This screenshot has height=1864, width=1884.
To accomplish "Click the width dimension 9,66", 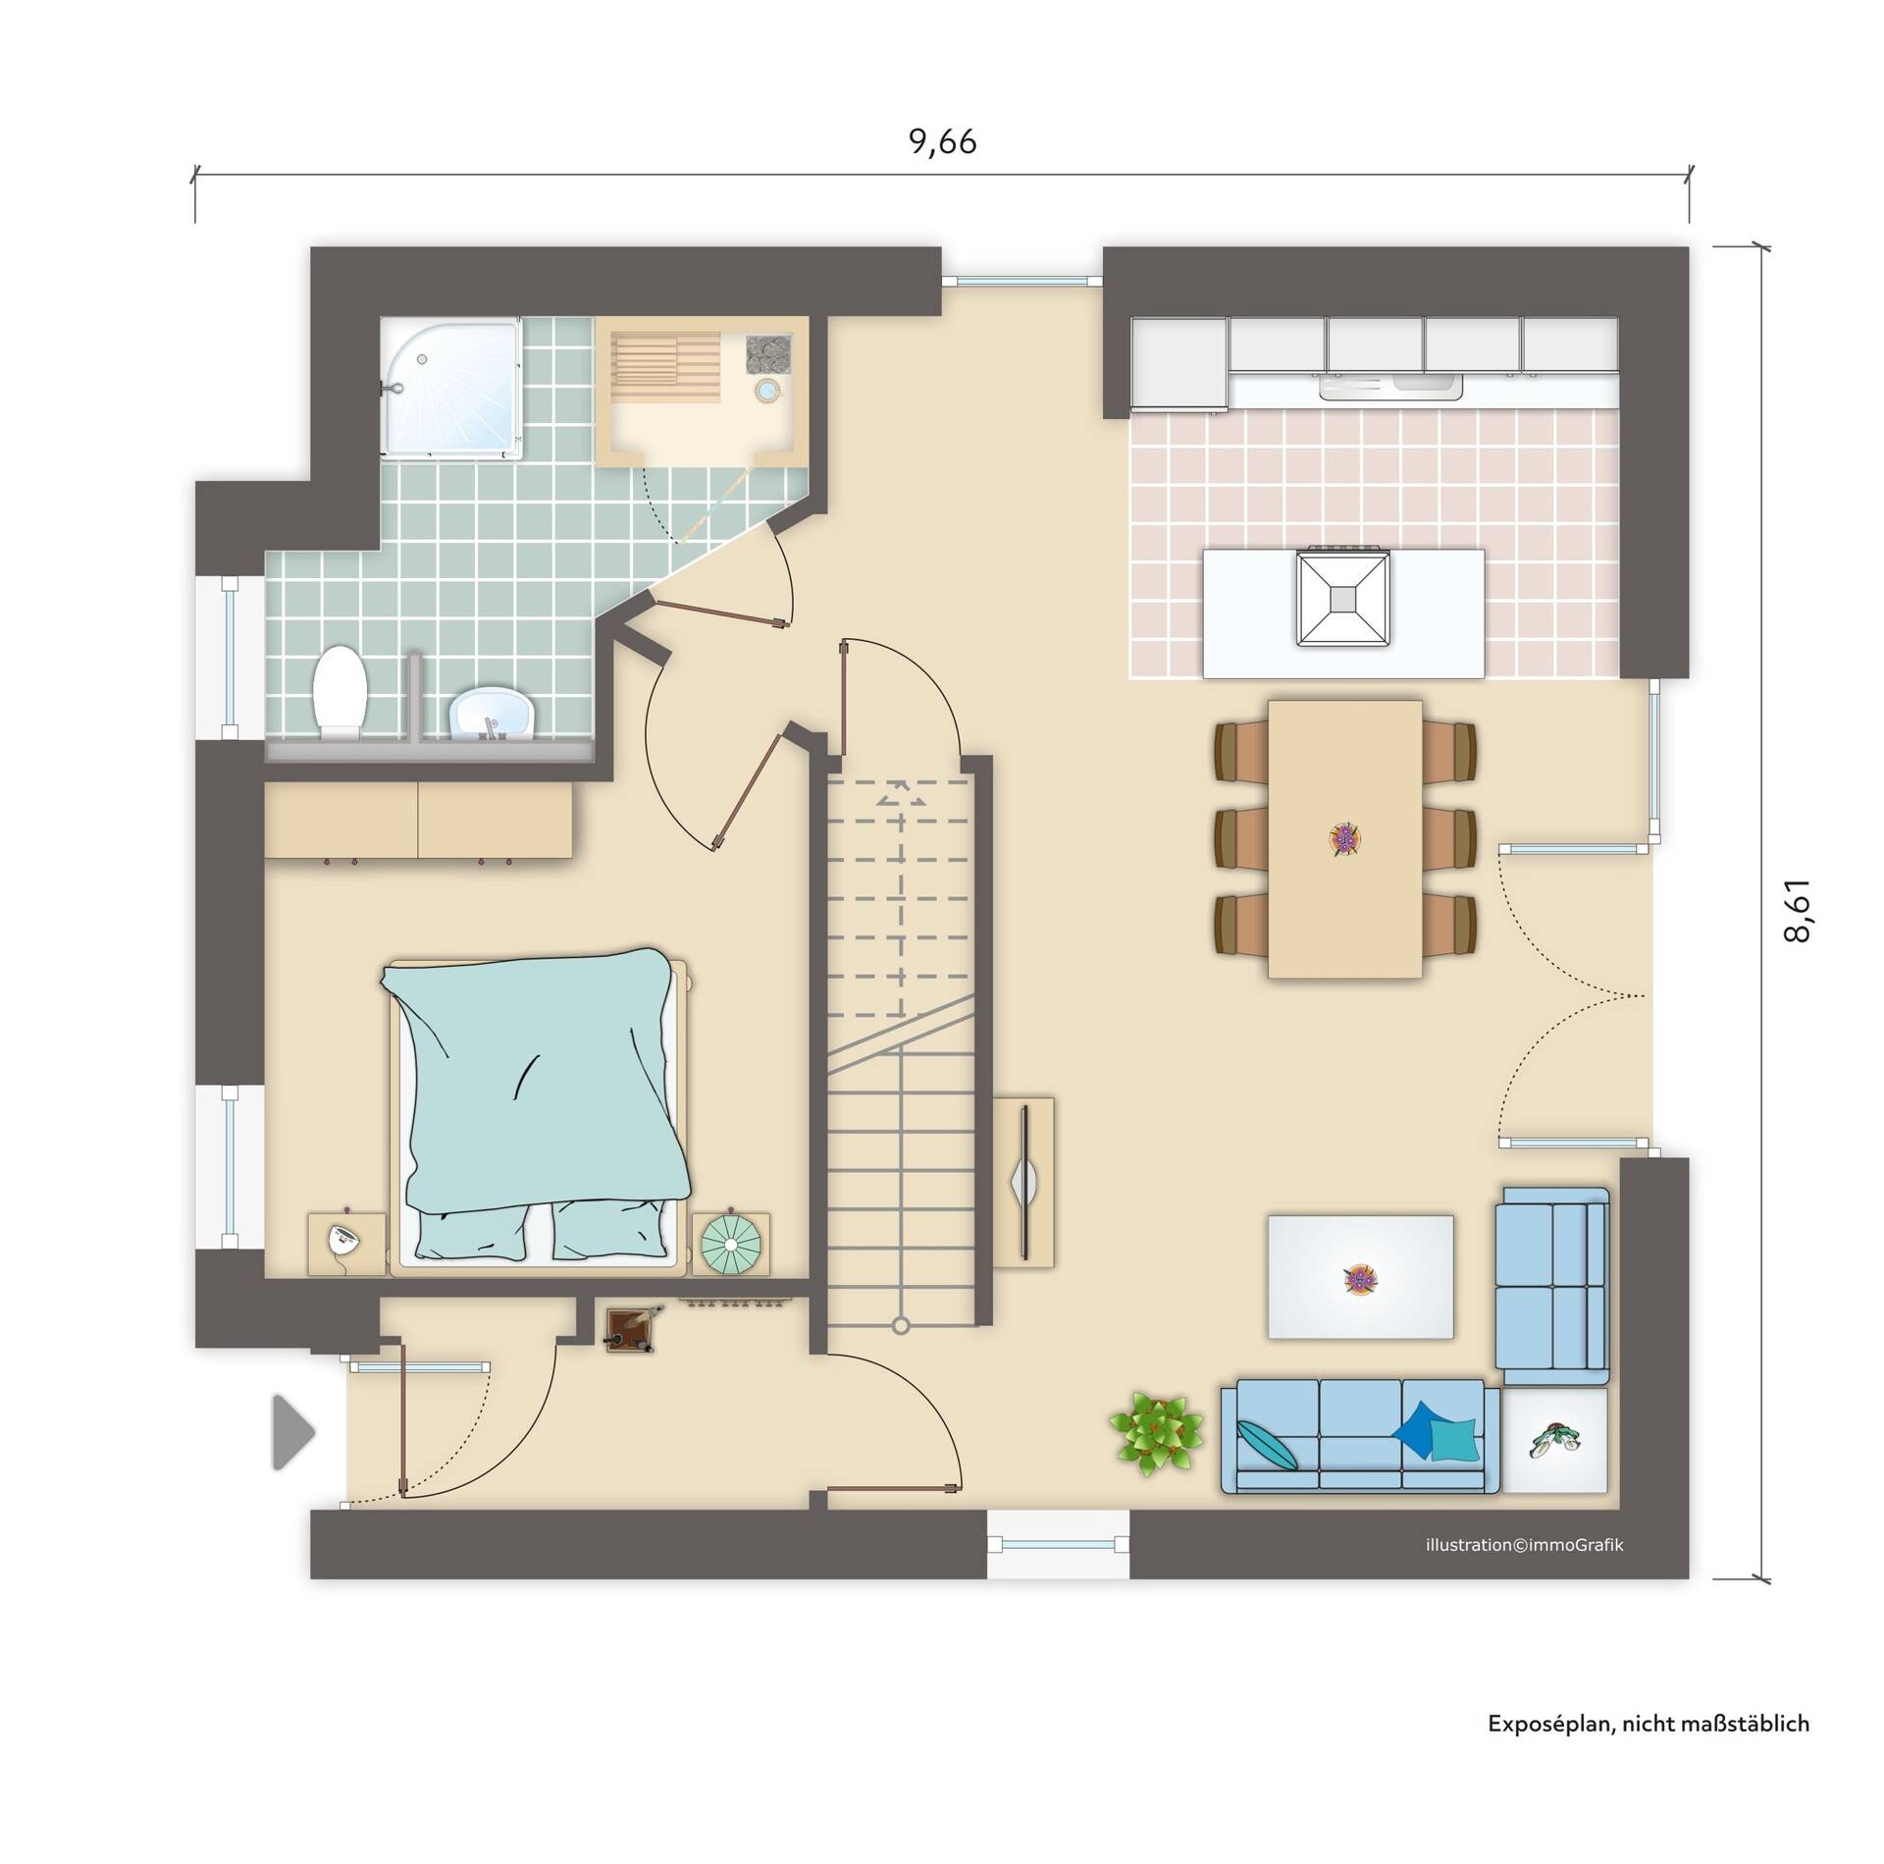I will coord(942,143).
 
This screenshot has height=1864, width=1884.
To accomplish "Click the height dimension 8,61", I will coord(1796,909).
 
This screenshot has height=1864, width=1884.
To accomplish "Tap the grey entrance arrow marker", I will coord(293,1433).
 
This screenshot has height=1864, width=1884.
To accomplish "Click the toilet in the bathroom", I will coord(340,690).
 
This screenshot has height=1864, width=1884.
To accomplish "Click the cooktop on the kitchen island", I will coord(1341,599).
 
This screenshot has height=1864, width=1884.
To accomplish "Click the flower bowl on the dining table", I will coord(1345,839).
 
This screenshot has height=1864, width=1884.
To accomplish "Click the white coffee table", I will coord(1359,1276).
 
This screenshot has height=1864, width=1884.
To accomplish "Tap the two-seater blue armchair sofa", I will coord(1551,1277).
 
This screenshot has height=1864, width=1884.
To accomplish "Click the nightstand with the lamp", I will coord(346,1244).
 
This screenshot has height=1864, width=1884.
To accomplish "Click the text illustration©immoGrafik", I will coord(1524,1545).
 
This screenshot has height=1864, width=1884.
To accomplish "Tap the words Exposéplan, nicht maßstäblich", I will coord(1648,1750).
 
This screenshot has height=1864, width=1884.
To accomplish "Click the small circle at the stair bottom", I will coord(900,1326).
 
